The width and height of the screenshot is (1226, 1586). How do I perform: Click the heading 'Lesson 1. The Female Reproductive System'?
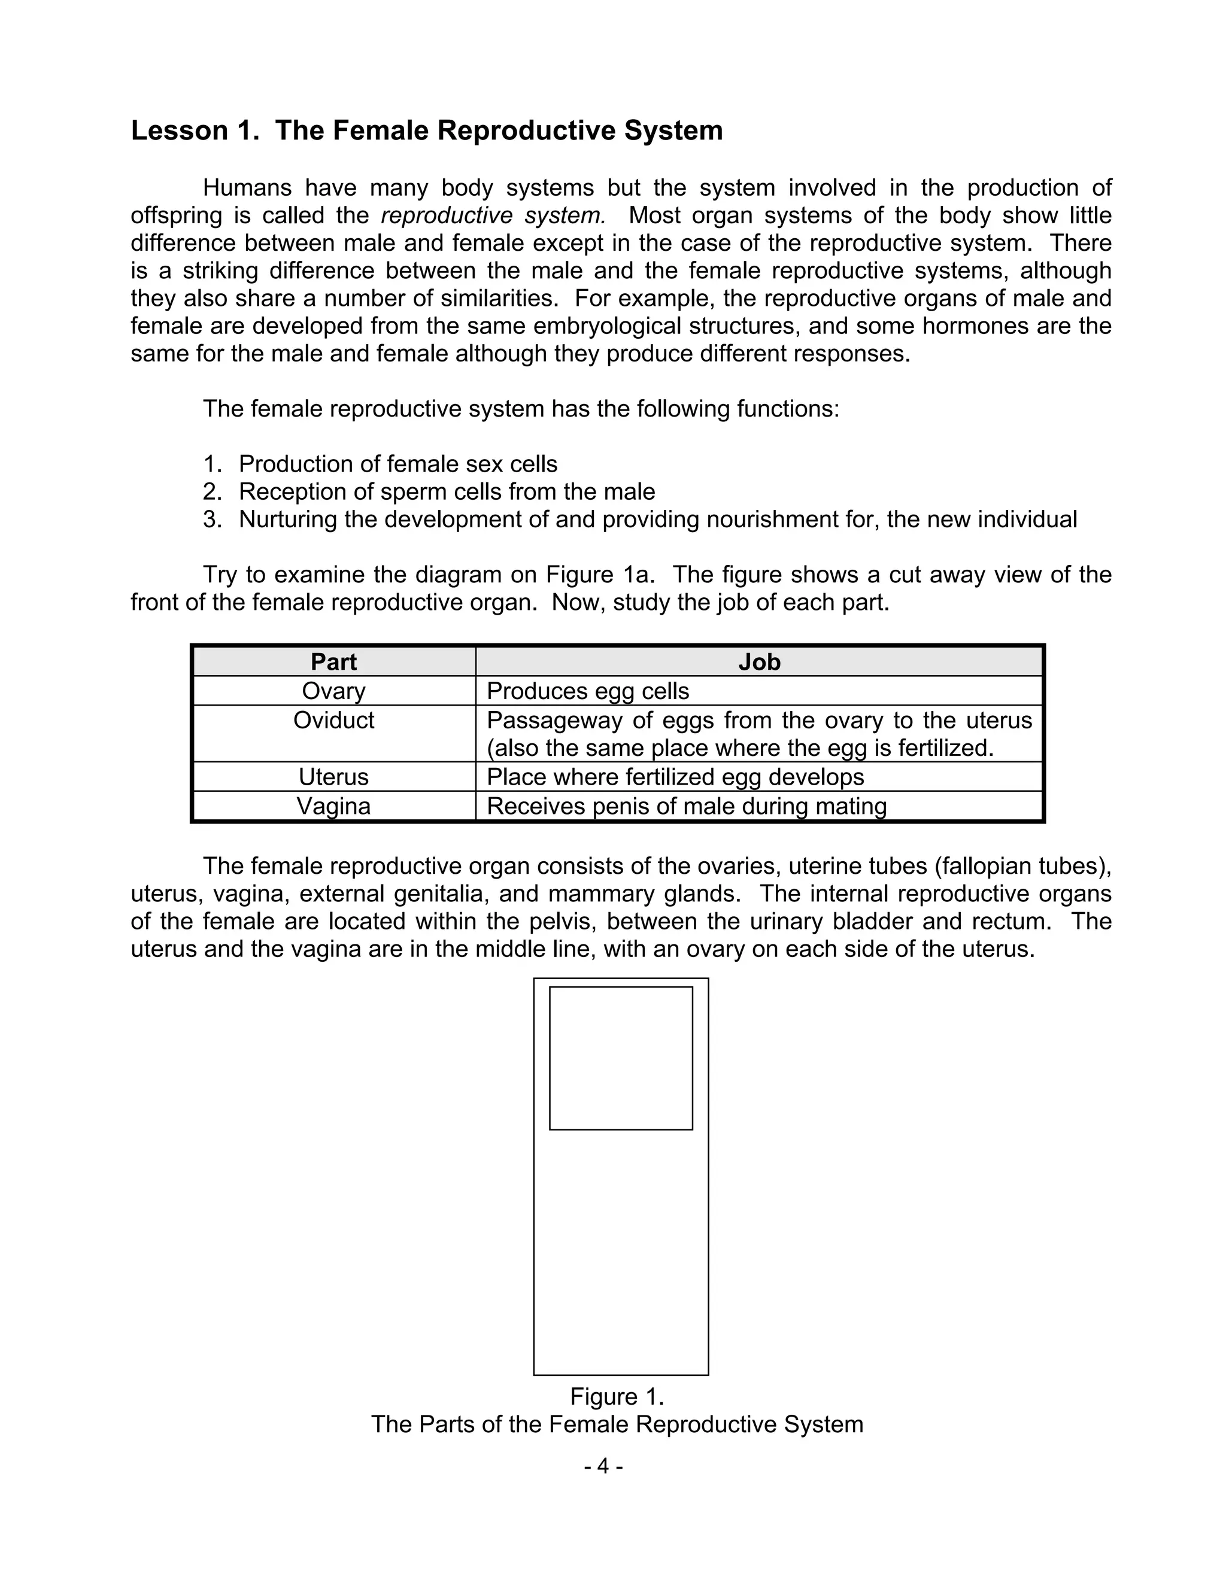[426, 130]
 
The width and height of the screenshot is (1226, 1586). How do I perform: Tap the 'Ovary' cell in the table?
[333, 691]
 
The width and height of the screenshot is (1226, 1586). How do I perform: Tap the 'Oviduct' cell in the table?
[333, 721]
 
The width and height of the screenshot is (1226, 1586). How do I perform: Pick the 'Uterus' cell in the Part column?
[333, 777]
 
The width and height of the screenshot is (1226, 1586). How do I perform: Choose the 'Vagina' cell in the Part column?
[333, 806]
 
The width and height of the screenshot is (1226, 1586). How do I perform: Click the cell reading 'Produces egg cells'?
[588, 691]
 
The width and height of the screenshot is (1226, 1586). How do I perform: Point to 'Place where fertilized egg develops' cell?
[675, 777]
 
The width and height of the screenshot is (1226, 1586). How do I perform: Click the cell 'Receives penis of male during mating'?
[687, 806]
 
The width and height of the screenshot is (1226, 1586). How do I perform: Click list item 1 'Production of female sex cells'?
[397, 464]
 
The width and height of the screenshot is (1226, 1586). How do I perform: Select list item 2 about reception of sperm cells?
[446, 491]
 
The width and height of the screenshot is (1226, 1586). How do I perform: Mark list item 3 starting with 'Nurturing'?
[657, 519]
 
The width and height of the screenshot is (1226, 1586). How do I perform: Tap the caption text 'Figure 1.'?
[617, 1396]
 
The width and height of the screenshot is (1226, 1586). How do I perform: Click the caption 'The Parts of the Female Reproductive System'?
[617, 1424]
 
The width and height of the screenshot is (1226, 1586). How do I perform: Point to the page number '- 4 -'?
[603, 1466]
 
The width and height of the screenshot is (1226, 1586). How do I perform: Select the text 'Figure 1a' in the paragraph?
[600, 575]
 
